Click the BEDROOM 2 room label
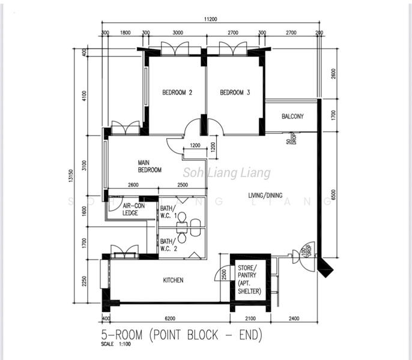pyautogui.click(x=177, y=92)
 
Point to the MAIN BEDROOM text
pyautogui.click(x=150, y=166)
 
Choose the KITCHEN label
pyautogui.click(x=173, y=280)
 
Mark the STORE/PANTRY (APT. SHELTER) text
pyautogui.click(x=250, y=279)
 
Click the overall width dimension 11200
pyautogui.click(x=210, y=19)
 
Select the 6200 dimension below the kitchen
pyautogui.click(x=170, y=318)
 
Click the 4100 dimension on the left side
pyautogui.click(x=85, y=96)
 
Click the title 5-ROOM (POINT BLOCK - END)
pyautogui.click(x=181, y=334)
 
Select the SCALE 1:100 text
pyautogui.click(x=117, y=345)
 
